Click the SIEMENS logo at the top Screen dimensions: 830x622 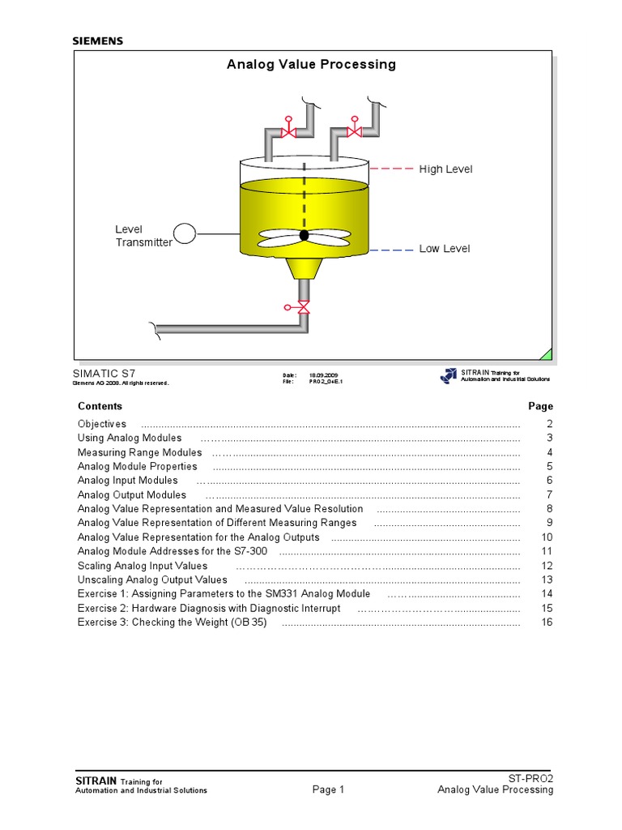coord(98,41)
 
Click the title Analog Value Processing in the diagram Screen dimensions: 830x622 coord(311,64)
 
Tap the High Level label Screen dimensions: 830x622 coord(445,169)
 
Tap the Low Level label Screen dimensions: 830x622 coord(444,249)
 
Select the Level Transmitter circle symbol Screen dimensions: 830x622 coord(185,234)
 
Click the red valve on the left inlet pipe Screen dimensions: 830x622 coord(288,130)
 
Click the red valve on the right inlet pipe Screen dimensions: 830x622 coord(354,130)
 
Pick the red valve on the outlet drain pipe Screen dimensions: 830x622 coord(303,307)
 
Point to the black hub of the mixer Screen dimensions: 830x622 coord(304,235)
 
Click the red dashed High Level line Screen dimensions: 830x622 coord(391,169)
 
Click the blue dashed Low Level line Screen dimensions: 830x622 coord(391,250)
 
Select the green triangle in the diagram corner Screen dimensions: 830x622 coord(547,353)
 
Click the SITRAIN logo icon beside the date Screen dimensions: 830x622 coord(449,375)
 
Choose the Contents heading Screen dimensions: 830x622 coord(100,406)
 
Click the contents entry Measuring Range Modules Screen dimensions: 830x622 coord(139,452)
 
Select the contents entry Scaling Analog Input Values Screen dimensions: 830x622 coord(142,566)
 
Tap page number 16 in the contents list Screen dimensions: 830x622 coord(547,622)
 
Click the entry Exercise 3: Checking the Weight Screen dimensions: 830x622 coord(172,622)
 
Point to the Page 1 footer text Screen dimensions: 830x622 coord(328,790)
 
